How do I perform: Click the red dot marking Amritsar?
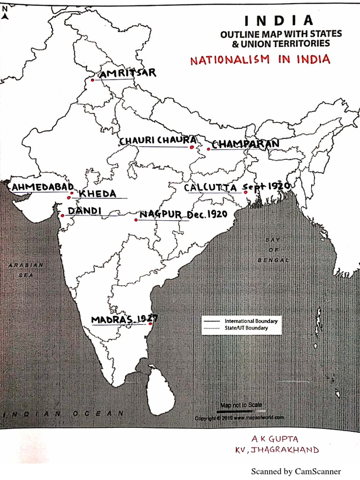[92, 80]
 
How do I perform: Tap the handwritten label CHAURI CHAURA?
[157, 140]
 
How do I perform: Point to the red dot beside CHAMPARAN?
[209, 149]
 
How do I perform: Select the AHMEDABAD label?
[43, 187]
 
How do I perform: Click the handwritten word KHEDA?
[97, 194]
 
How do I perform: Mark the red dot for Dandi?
[62, 216]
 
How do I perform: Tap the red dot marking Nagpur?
[136, 219]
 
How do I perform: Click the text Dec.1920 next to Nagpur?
[207, 214]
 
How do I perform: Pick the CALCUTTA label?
[210, 187]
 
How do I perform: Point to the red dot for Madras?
[150, 323]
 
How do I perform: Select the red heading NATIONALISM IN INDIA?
[260, 60]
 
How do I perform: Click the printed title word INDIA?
[278, 21]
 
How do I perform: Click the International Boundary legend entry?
[251, 321]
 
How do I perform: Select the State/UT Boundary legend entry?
[246, 328]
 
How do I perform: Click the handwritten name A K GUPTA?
[275, 439]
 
